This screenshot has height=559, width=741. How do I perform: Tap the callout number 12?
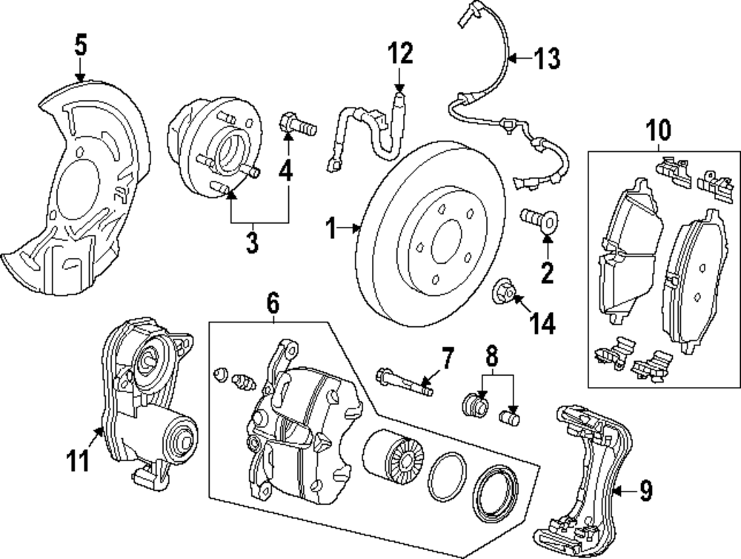pos(400,53)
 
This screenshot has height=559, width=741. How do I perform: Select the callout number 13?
pos(548,59)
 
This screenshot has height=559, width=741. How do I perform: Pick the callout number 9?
pos(646,491)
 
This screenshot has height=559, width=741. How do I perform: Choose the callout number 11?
pos(78,460)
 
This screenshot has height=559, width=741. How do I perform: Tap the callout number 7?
pos(447,359)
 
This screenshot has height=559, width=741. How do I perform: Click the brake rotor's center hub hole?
pos(446,242)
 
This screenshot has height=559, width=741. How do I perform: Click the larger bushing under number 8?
pos(475,405)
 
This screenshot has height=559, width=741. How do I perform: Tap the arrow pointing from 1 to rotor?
pos(350,229)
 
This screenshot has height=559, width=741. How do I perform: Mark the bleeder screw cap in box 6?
pos(219,374)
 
